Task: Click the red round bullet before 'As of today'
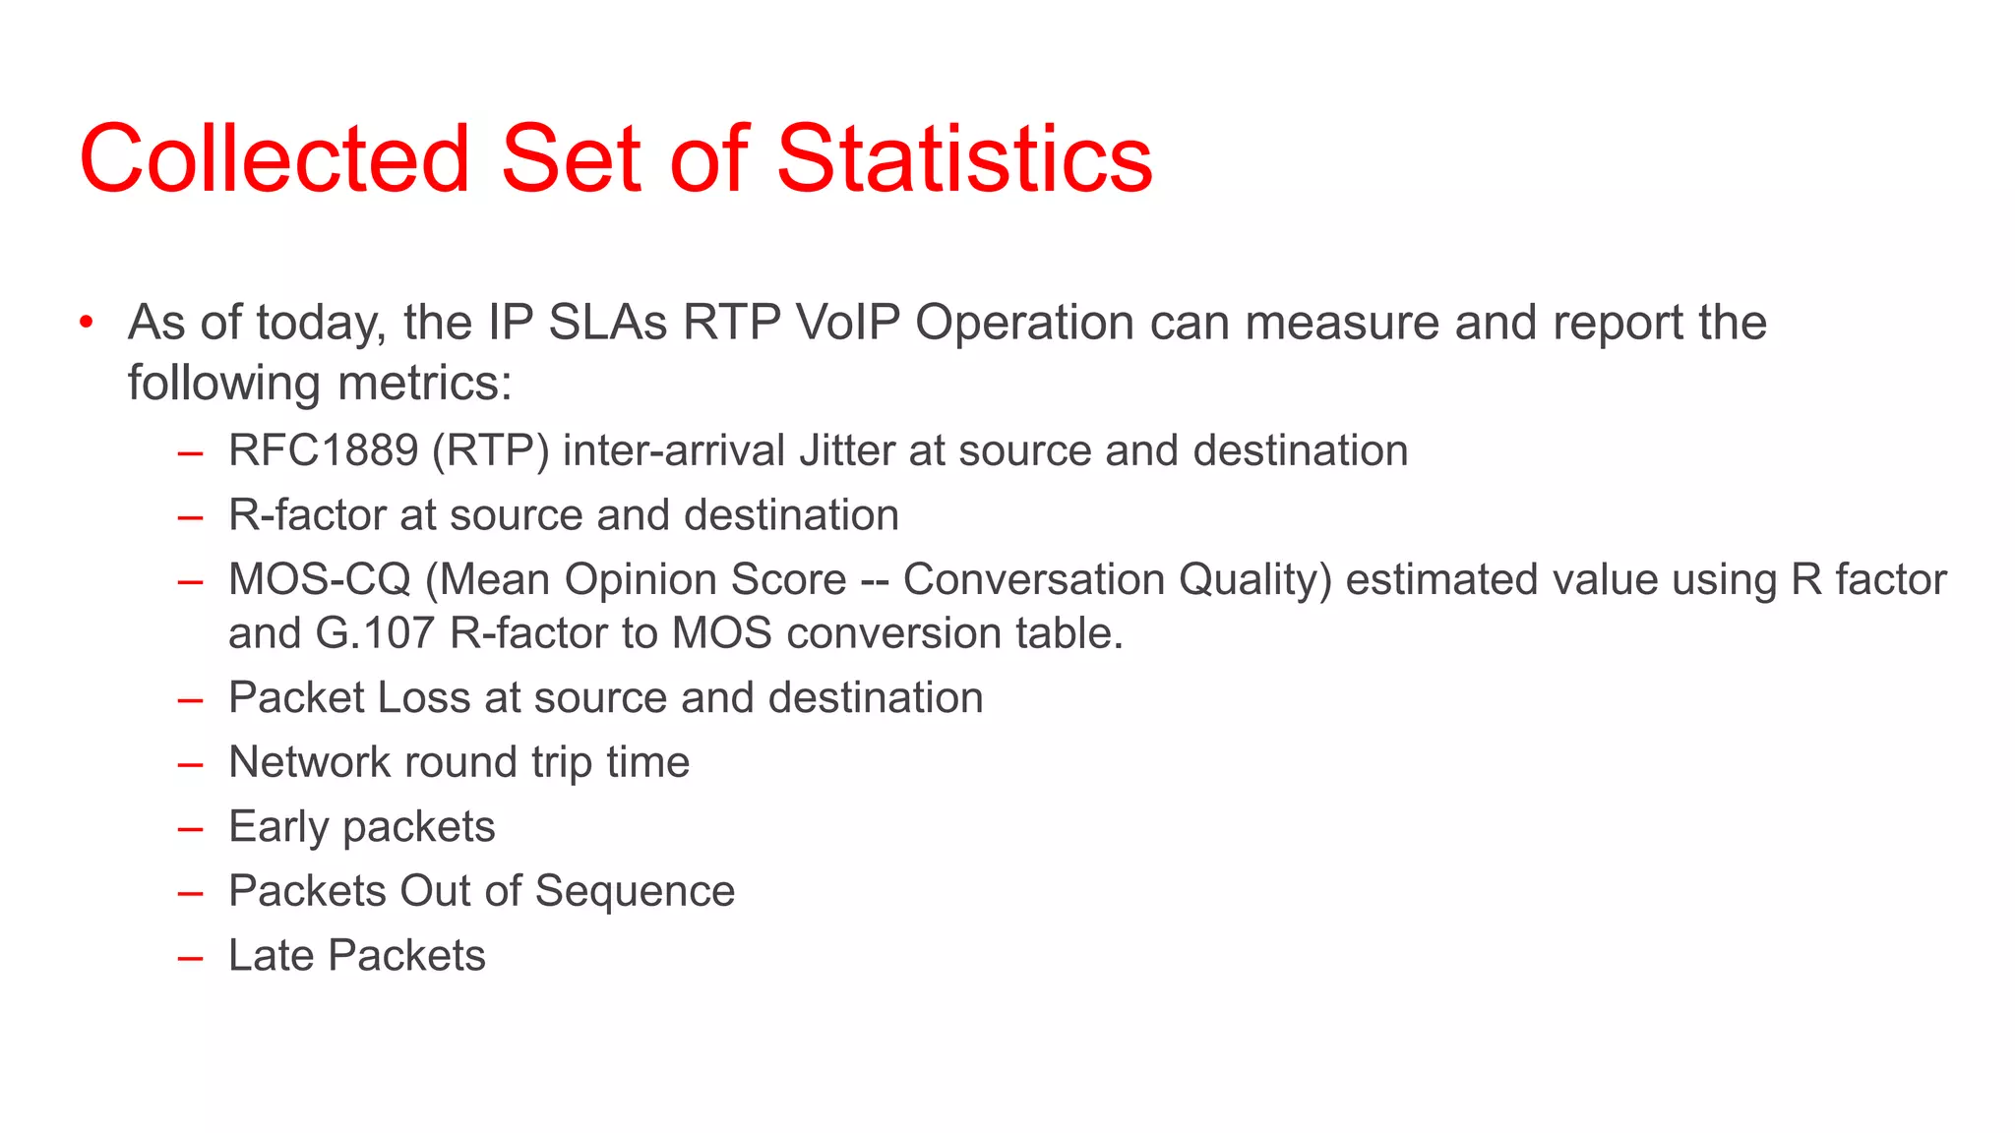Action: [x=88, y=323]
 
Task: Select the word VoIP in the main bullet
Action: [x=847, y=323]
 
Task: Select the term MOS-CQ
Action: [x=319, y=580]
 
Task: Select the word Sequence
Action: [x=635, y=892]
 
